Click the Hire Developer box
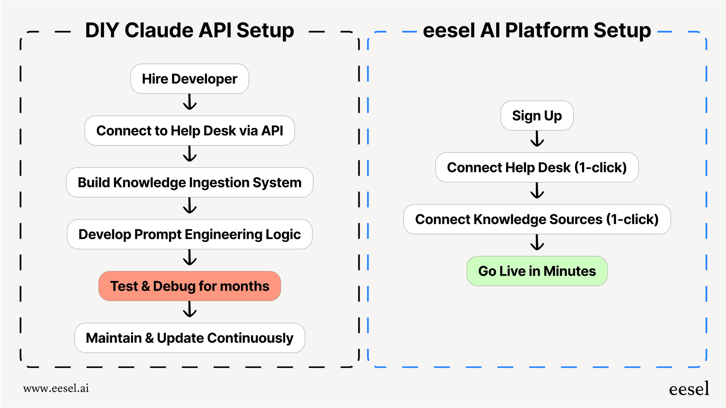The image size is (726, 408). pyautogui.click(x=189, y=79)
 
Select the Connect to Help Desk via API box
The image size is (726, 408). pyautogui.click(x=189, y=131)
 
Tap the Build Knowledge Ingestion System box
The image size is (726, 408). pyautogui.click(x=189, y=183)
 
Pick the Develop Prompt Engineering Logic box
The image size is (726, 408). pyautogui.click(x=189, y=234)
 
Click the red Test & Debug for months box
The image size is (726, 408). pyautogui.click(x=189, y=286)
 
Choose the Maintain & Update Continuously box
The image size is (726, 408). pyautogui.click(x=189, y=338)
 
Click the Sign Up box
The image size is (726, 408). pyautogui.click(x=537, y=116)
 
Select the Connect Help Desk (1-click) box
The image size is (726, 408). pyautogui.click(x=537, y=168)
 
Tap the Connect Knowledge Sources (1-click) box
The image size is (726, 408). pyautogui.click(x=537, y=219)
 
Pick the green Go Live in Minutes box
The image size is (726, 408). pyautogui.click(x=537, y=271)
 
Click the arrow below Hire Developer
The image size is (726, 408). pyautogui.click(x=190, y=102)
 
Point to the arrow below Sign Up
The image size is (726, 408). pyautogui.click(x=537, y=139)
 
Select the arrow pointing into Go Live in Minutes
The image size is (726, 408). pyautogui.click(x=537, y=243)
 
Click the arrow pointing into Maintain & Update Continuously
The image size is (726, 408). pyautogui.click(x=190, y=310)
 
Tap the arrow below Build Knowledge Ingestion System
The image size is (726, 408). pyautogui.click(x=190, y=206)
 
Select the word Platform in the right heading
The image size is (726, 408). pyautogui.click(x=547, y=31)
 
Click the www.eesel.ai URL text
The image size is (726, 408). pyautogui.click(x=56, y=388)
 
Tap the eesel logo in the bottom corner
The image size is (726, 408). pyautogui.click(x=689, y=389)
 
